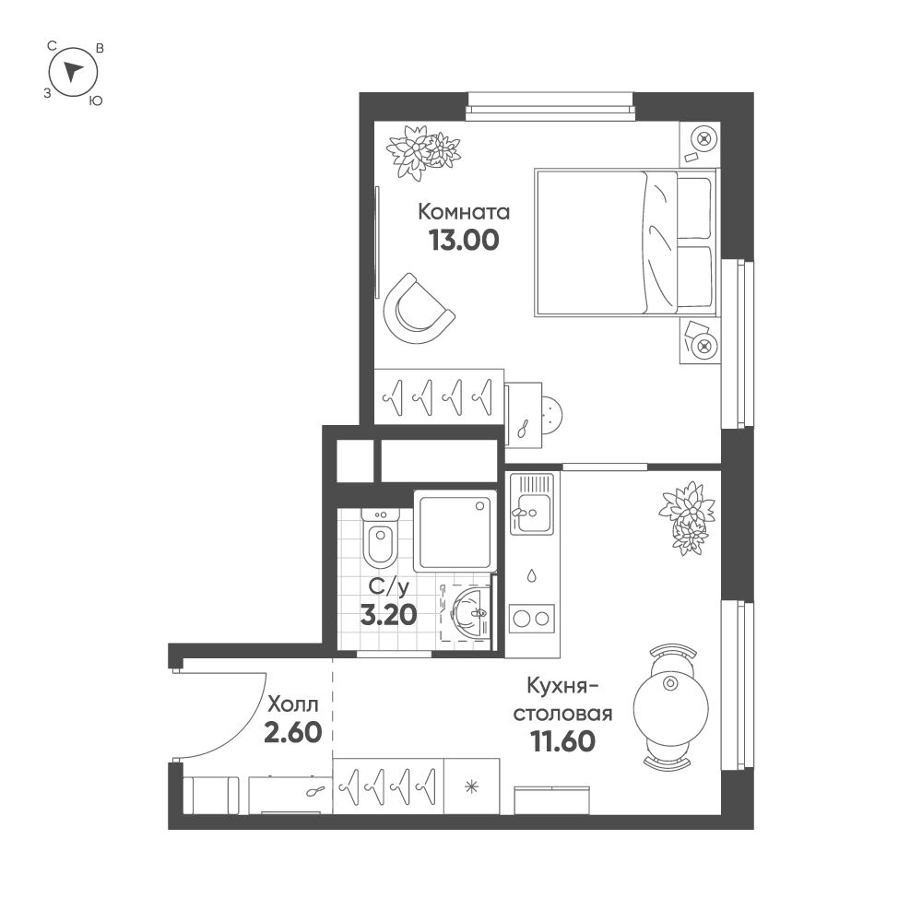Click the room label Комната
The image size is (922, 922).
(464, 212)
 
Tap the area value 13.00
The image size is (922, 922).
(464, 240)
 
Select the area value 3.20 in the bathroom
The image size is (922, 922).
(389, 615)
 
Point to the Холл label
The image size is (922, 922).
(293, 703)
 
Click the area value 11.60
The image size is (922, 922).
(562, 741)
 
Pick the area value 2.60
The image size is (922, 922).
(293, 733)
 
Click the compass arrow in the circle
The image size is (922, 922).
(73, 71)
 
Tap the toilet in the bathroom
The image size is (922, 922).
(380, 536)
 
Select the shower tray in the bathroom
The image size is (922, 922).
(455, 531)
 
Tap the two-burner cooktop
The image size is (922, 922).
(532, 618)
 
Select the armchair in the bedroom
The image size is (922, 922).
(417, 309)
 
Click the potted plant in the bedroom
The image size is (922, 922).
(423, 150)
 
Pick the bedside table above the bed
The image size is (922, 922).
(700, 144)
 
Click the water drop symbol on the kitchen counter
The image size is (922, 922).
(532, 575)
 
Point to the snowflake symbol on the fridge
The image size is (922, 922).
(471, 786)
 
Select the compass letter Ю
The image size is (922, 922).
(96, 101)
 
